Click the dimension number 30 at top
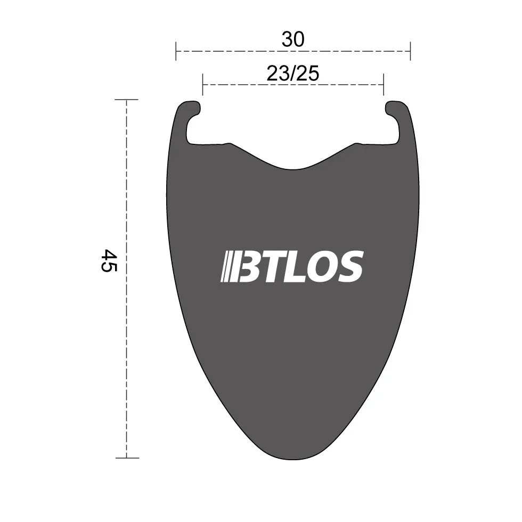[293, 40]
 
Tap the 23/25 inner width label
[293, 73]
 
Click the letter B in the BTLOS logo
[247, 266]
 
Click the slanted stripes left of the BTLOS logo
[228, 266]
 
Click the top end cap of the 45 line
[126, 100]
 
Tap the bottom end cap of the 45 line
[126, 458]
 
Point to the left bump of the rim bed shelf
[228, 144]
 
